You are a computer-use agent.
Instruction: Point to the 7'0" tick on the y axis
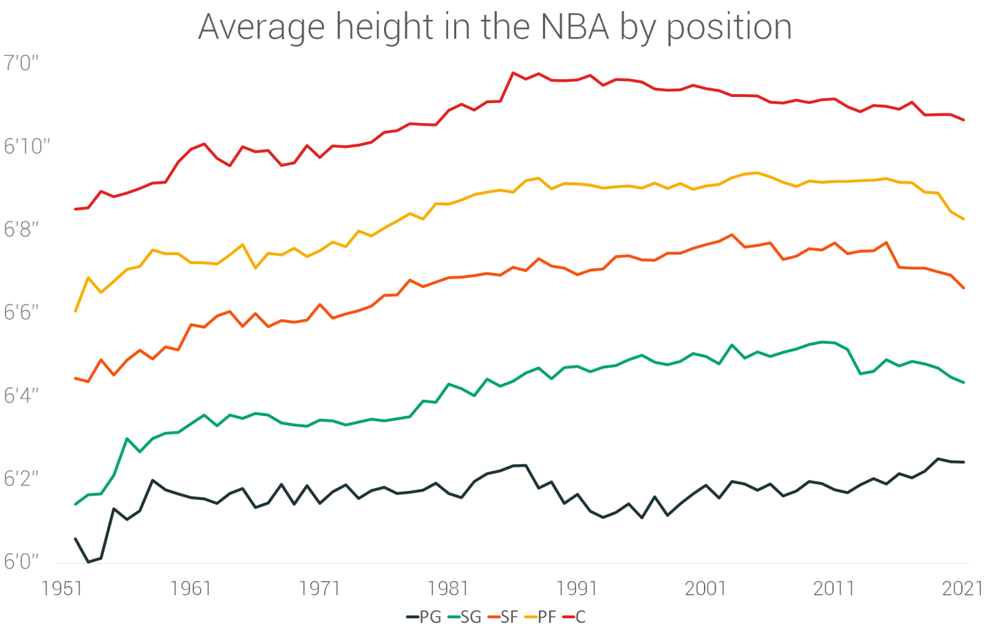point(21,63)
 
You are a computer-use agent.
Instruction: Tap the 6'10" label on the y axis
point(27,146)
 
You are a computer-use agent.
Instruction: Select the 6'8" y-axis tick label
point(21,230)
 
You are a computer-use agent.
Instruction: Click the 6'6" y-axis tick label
point(21,313)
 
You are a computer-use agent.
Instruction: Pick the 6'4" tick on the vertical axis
point(21,396)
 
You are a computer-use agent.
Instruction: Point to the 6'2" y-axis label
point(21,479)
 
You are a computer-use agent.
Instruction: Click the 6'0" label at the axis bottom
point(21,562)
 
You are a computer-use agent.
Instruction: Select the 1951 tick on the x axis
point(63,589)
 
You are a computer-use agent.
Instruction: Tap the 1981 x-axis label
point(448,589)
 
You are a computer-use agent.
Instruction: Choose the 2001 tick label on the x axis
point(705,589)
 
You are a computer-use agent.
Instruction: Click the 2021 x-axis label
point(962,589)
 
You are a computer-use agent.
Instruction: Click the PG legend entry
point(423,617)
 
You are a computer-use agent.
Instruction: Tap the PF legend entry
point(540,617)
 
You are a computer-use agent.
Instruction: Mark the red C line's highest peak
point(513,72)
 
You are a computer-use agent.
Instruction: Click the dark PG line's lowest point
point(88,562)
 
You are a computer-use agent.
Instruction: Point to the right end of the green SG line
point(964,382)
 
